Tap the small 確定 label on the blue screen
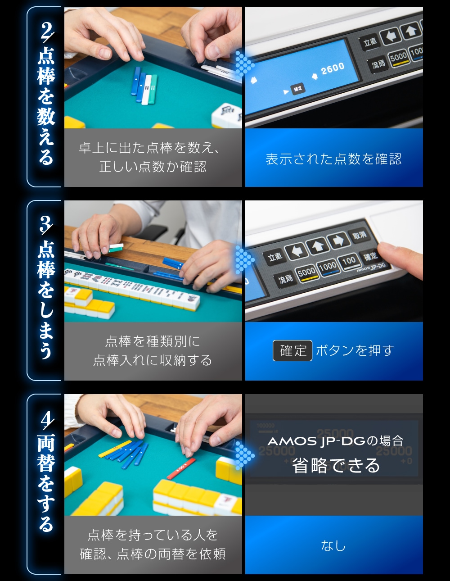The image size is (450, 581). point(297,89)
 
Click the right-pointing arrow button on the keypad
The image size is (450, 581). point(338,241)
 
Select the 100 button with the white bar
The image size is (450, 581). point(349,261)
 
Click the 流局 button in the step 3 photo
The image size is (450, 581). point(285,279)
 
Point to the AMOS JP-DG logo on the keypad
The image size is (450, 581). point(371,267)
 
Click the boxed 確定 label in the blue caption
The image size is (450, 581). point(292,350)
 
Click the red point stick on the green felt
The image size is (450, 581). point(181,468)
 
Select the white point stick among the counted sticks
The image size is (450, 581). point(147,89)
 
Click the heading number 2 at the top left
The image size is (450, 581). point(46,32)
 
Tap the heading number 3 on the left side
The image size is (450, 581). point(45,224)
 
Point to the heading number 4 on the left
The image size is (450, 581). point(46,419)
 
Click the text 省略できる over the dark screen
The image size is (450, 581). point(336,466)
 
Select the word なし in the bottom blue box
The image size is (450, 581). point(333,546)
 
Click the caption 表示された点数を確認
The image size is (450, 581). point(333,159)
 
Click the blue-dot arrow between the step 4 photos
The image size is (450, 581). point(244,455)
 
